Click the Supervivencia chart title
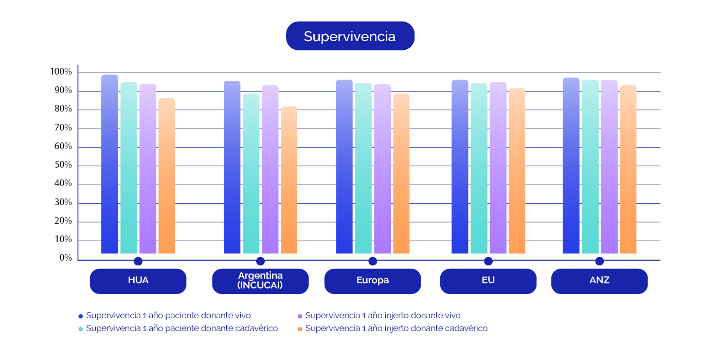pyautogui.click(x=350, y=36)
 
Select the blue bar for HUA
pyautogui.click(x=110, y=165)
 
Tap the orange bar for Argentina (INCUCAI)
pyautogui.click(x=289, y=180)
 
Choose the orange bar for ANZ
pyautogui.click(x=628, y=169)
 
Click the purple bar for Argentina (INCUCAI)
pyautogui.click(x=270, y=169)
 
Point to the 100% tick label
pyautogui.click(x=61, y=72)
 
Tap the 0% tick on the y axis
pyautogui.click(x=65, y=258)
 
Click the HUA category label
pyautogui.click(x=138, y=281)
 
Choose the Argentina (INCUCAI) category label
pyautogui.click(x=260, y=281)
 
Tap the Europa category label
pyautogui.click(x=372, y=281)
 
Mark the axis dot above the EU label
pyautogui.click(x=488, y=261)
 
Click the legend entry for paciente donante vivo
pyautogui.click(x=168, y=316)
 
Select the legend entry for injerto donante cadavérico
pyautogui.click(x=396, y=328)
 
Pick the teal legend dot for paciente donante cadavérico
pyautogui.click(x=81, y=329)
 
